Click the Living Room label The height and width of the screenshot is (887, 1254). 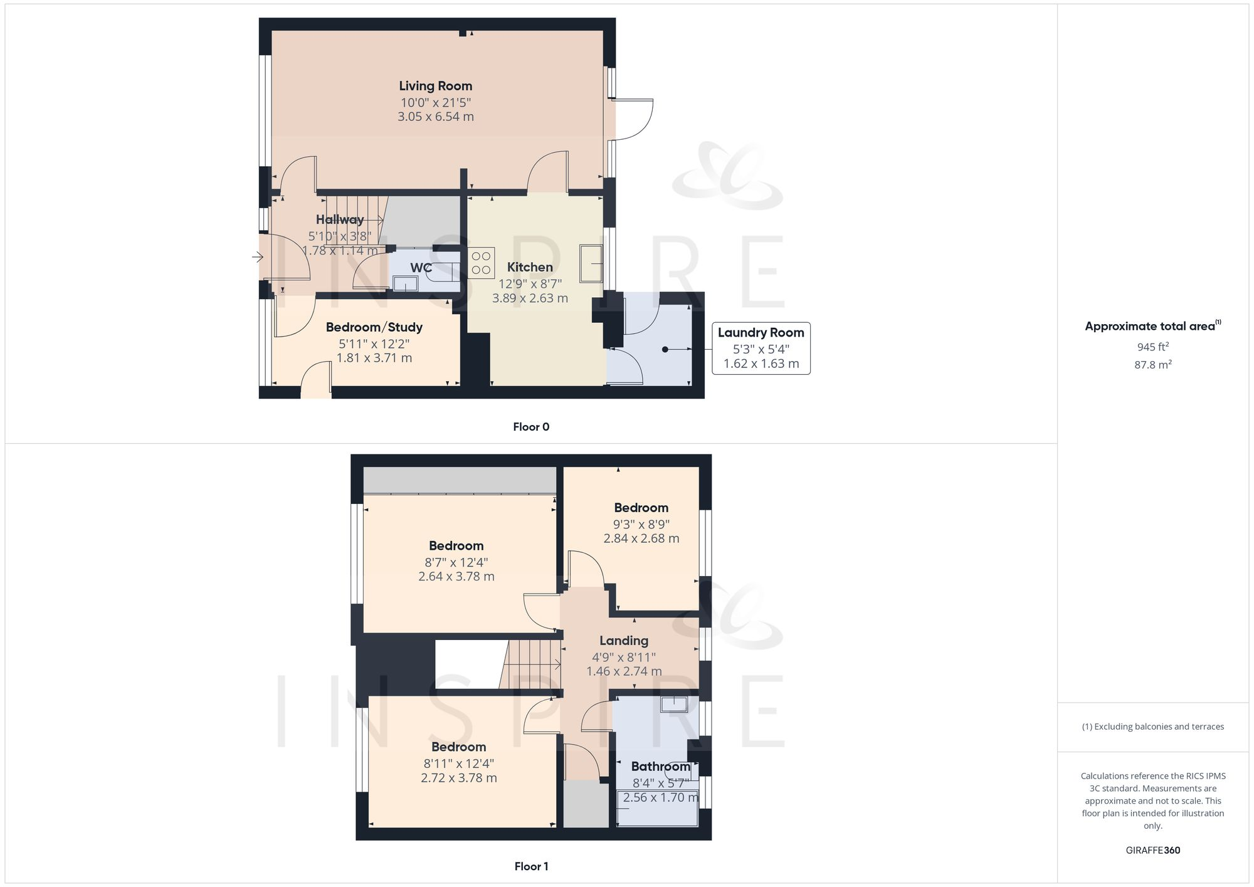click(435, 86)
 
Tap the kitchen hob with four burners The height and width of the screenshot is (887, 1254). click(482, 263)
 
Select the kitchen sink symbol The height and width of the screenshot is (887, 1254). click(591, 263)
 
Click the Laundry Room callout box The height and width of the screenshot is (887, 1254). click(761, 348)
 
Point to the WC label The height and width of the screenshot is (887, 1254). click(421, 268)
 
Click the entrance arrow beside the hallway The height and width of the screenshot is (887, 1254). click(258, 256)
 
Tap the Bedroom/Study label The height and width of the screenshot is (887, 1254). click(374, 327)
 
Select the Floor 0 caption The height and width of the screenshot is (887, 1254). click(530, 427)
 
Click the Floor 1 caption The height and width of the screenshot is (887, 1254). click(530, 866)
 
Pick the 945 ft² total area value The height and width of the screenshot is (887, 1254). click(1152, 347)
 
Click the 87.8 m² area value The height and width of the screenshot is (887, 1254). click(1152, 365)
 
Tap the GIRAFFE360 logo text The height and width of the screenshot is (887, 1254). click(1152, 850)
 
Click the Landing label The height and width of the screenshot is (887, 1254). click(623, 641)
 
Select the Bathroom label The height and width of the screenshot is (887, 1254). click(660, 767)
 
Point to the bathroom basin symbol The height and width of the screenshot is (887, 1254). click(674, 704)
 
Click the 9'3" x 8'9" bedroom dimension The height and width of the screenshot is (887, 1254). click(641, 524)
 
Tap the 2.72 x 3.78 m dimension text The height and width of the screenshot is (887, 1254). click(458, 778)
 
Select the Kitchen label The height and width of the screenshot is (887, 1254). click(530, 267)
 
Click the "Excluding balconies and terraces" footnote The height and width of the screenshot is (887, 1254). click(1152, 727)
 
